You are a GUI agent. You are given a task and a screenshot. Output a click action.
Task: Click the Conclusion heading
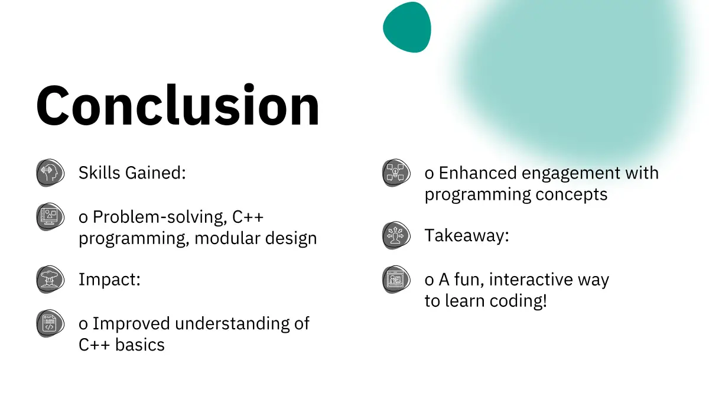(178, 105)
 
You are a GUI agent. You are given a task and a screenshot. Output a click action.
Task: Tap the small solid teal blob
(407, 27)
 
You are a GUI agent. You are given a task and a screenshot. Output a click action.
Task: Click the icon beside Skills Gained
(50, 173)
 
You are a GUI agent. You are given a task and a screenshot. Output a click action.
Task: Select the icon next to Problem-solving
(50, 216)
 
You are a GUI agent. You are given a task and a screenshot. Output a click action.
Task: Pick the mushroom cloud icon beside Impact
(50, 279)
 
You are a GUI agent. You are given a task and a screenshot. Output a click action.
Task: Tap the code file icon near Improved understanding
(50, 323)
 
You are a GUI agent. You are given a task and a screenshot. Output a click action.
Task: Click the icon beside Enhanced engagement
(396, 173)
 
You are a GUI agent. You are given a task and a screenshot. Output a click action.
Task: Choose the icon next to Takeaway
(396, 235)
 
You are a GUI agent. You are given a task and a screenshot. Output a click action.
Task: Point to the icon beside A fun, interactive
(396, 279)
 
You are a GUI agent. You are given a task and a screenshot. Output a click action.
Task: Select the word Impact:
(109, 280)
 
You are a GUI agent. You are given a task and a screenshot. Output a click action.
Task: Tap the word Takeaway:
(467, 236)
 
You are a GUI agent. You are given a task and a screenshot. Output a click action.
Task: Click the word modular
(227, 238)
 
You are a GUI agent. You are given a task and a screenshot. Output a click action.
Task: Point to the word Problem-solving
(160, 218)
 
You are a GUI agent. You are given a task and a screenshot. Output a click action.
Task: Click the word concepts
(571, 194)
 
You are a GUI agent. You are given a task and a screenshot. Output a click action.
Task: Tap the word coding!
(518, 300)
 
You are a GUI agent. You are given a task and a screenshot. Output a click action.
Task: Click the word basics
(140, 345)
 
